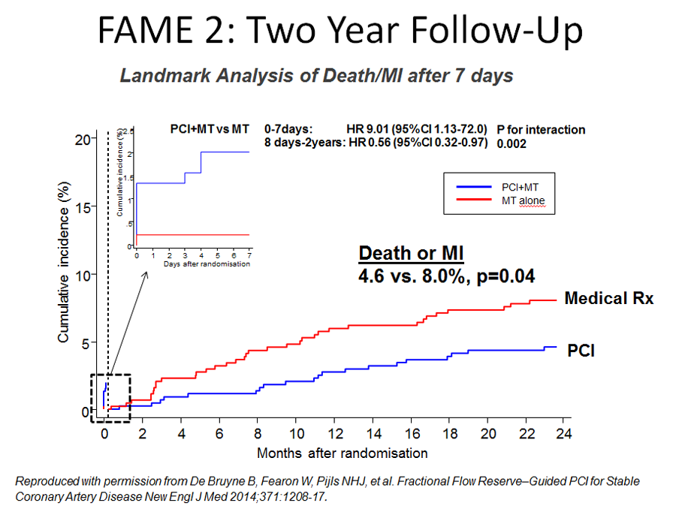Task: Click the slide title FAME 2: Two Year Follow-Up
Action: pyautogui.click(x=340, y=32)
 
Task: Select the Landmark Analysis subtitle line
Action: pyautogui.click(x=316, y=76)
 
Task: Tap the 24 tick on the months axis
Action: pyautogui.click(x=563, y=434)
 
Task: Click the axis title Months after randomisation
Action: pyautogui.click(x=342, y=453)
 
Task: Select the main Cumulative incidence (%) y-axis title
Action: pyautogui.click(x=65, y=262)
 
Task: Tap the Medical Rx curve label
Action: pyautogui.click(x=608, y=298)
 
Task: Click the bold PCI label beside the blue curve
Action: pyautogui.click(x=581, y=350)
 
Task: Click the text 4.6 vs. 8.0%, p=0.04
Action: pyautogui.click(x=446, y=276)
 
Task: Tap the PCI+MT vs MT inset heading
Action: pyautogui.click(x=209, y=129)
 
